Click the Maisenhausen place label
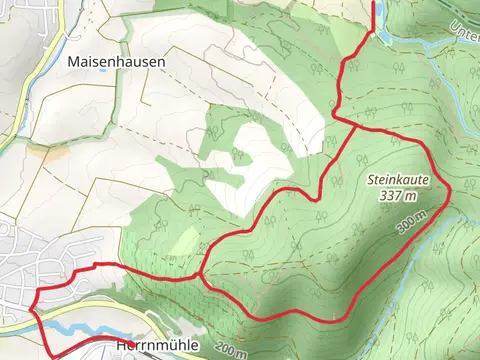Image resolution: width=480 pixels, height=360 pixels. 116,61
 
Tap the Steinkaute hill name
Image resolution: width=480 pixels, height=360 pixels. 397,181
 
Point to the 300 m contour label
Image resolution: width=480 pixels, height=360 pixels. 405,225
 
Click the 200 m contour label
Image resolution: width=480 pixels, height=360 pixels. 230,351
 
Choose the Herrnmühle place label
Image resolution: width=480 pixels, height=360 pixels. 149,346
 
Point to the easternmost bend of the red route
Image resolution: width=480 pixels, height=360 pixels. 451,189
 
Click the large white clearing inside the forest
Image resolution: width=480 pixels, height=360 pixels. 245,160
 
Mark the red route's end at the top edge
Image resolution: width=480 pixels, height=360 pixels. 374,4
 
